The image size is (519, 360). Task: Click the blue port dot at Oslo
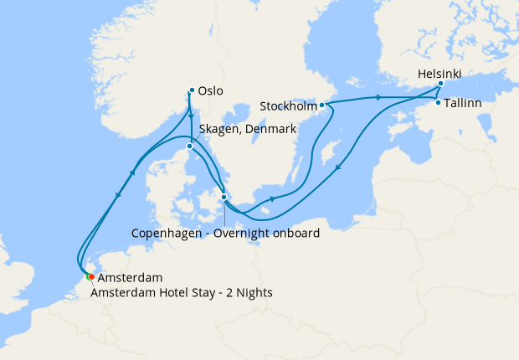point(192,90)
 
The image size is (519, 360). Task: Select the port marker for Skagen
point(190,147)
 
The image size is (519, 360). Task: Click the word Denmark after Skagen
point(269,129)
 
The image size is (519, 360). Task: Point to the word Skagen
point(218,129)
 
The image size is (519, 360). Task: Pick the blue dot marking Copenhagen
point(224,198)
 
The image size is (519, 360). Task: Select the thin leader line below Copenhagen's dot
point(224,213)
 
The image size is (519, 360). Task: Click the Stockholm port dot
point(322,105)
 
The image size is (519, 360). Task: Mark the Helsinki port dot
point(440,84)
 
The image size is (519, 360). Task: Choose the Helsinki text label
point(439,74)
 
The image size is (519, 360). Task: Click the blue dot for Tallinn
point(438,103)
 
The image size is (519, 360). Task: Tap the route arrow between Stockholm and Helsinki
point(381,98)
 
